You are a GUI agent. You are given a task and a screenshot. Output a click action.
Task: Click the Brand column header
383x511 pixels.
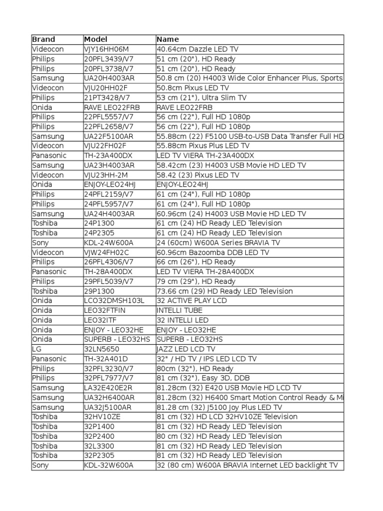(x=44, y=39)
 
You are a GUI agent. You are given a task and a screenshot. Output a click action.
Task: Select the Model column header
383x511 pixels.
(x=96, y=39)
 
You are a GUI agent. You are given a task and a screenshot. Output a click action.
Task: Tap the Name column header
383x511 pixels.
(x=168, y=39)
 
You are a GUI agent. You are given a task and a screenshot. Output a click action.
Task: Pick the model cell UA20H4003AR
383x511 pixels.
(x=109, y=78)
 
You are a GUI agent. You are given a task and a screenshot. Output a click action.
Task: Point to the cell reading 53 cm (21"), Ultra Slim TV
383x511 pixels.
(x=200, y=97)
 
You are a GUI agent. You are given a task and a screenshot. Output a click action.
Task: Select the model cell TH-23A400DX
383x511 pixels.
(x=109, y=155)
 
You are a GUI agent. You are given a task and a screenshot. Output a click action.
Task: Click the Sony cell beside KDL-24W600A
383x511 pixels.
(x=41, y=243)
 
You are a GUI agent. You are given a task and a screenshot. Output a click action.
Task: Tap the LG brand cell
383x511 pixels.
(x=36, y=349)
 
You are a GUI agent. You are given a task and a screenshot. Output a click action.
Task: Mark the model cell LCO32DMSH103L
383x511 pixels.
(x=114, y=300)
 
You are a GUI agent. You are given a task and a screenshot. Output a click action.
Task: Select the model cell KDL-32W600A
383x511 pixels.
(x=109, y=465)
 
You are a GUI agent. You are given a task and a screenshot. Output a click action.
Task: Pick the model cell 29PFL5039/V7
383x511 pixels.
(x=109, y=281)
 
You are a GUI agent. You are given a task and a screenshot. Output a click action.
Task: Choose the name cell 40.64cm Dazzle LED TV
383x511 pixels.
(x=197, y=49)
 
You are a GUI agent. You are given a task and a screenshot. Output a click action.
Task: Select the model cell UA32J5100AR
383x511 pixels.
(x=109, y=407)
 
